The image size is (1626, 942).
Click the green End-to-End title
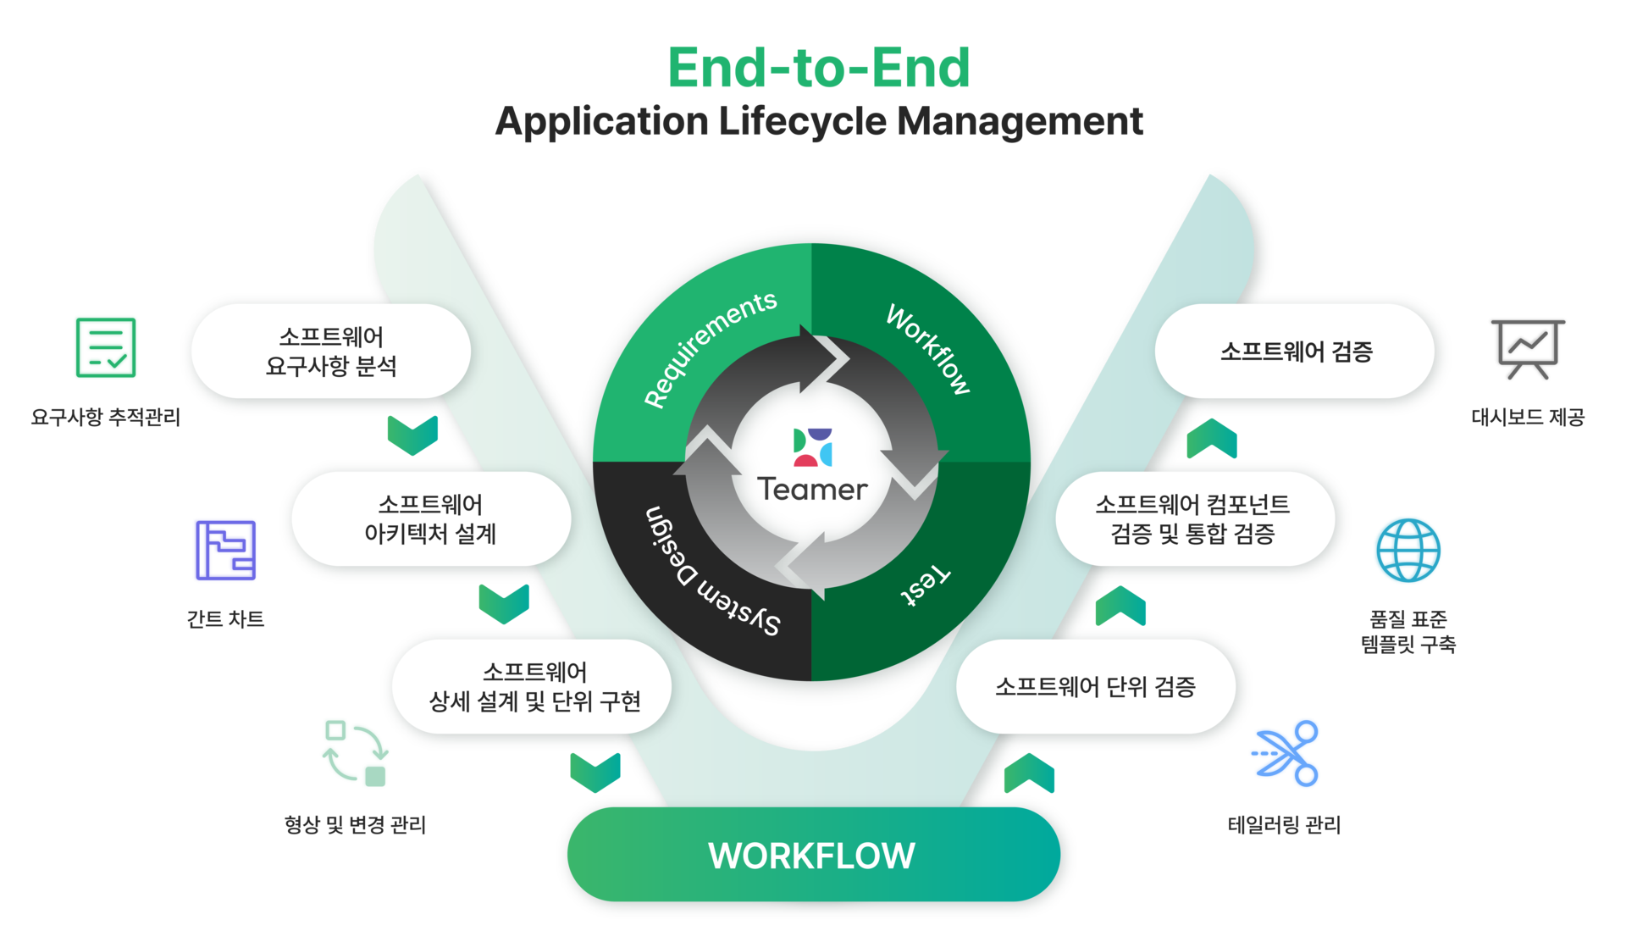point(818,68)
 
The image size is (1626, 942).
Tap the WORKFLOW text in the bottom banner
point(811,856)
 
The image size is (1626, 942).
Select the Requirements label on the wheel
point(710,348)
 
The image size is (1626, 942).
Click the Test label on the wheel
point(925,585)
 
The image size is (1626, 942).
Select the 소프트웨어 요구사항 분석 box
point(330,352)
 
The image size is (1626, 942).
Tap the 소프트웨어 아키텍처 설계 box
point(430,519)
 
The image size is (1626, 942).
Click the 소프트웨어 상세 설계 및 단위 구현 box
point(534,687)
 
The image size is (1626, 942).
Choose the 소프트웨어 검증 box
point(1295,352)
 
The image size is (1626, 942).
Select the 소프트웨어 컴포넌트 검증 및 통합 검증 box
point(1193,519)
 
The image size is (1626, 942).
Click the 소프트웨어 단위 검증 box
point(1095,687)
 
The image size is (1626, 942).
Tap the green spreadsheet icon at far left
point(106,347)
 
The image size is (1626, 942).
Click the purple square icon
point(224,551)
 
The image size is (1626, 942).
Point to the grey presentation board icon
point(1527,347)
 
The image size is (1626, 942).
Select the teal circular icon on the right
point(1407,551)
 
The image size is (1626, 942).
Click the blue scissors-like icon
point(1286,753)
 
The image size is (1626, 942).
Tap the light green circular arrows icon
point(355,752)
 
